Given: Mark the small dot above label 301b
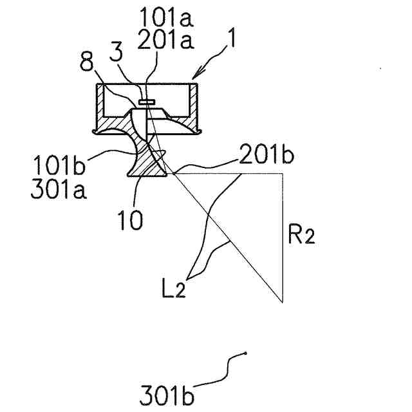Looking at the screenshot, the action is point(246,352).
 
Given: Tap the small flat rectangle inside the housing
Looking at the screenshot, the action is point(146,101).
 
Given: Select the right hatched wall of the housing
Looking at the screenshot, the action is point(192,105).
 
